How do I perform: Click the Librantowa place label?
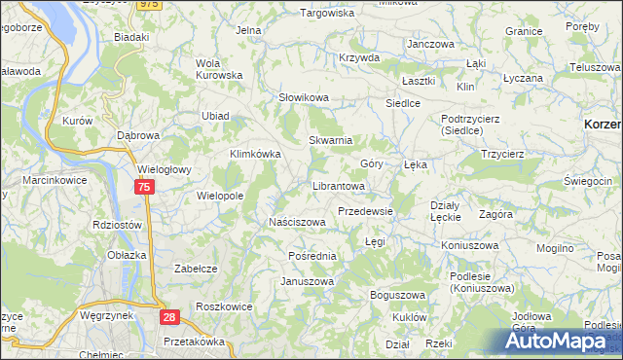point(338,185)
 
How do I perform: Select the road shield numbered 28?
point(169,318)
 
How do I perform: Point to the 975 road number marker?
point(148,5)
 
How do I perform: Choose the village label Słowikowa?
point(305,98)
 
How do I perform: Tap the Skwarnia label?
point(330,140)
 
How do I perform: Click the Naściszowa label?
point(297,222)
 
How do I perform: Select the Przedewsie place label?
point(365,211)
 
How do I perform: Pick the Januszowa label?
point(308,282)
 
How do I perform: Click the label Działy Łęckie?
point(446,211)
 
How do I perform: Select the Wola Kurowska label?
point(218,69)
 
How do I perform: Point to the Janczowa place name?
point(431,45)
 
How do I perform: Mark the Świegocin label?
point(588,182)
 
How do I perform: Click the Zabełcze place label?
point(195,268)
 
